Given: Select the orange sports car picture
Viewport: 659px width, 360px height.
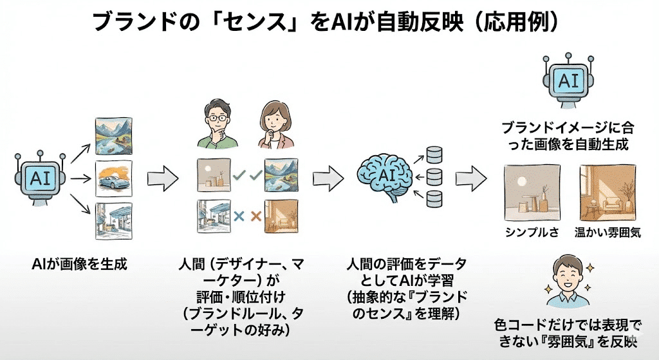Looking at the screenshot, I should pos(113,178).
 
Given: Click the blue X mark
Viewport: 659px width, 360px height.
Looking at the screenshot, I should pos(239,216).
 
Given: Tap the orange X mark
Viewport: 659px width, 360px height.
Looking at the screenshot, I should pos(255,216).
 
